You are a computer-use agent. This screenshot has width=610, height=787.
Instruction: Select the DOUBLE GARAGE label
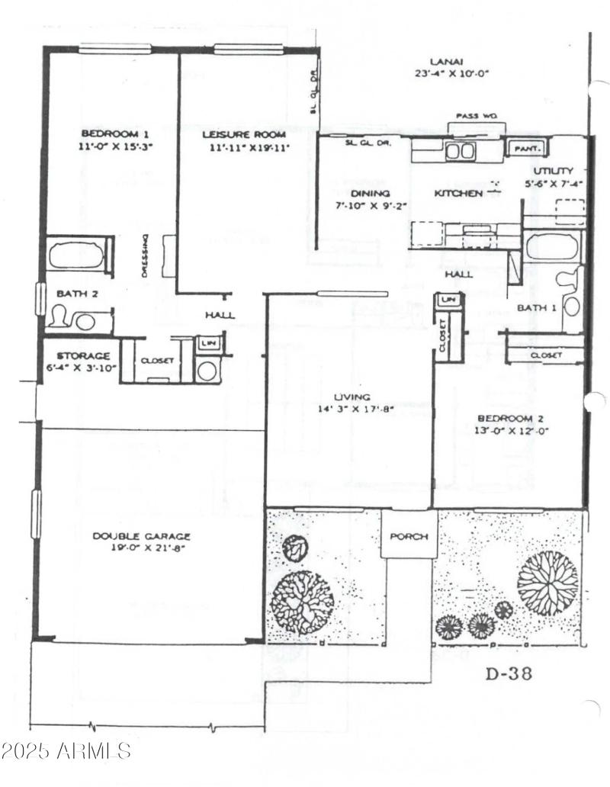142,536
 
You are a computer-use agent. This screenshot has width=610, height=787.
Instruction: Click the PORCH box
408,535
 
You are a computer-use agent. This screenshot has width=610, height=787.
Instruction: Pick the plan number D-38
508,673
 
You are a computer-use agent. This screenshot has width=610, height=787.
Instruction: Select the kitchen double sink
460,151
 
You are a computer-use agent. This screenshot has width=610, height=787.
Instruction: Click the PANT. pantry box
526,148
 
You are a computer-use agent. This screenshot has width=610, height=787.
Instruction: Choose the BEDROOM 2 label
509,418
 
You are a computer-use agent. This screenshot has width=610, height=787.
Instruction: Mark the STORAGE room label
83,356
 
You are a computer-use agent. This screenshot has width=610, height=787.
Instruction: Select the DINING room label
371,194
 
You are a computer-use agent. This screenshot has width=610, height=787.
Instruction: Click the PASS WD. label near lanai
476,116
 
